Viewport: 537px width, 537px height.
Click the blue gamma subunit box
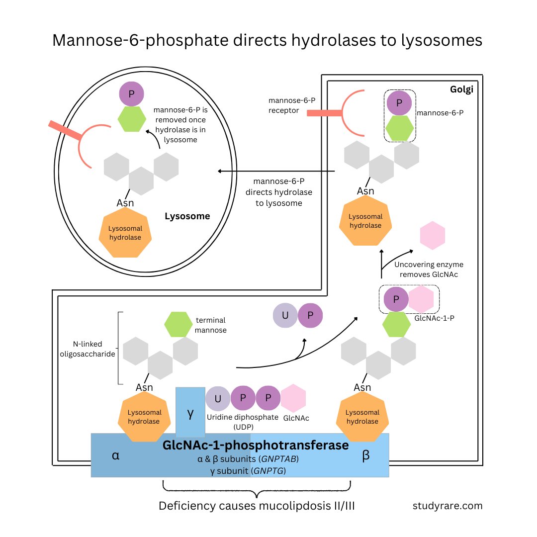[190, 411]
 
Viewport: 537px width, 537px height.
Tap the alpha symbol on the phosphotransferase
[116, 455]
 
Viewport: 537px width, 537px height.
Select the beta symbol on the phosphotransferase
[366, 455]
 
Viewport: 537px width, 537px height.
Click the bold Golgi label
[461, 89]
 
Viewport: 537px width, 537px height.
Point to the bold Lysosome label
[187, 216]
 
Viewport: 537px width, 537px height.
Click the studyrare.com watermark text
[447, 506]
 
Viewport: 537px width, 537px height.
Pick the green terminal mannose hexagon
[178, 324]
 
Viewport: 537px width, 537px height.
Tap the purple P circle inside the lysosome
[131, 94]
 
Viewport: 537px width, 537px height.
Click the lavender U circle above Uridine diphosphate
[218, 398]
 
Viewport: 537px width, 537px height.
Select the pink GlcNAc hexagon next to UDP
[293, 398]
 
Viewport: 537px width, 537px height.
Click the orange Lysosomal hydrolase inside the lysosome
[125, 233]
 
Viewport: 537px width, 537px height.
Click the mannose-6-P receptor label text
[292, 105]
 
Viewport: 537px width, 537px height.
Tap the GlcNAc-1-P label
[434, 318]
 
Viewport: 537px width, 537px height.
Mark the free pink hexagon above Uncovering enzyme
[433, 235]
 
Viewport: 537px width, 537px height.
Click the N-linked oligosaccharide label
[88, 349]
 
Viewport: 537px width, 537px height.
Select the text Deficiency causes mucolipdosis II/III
[257, 506]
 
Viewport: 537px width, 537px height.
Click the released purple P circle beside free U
[310, 315]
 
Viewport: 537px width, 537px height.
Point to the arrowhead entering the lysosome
[220, 171]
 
